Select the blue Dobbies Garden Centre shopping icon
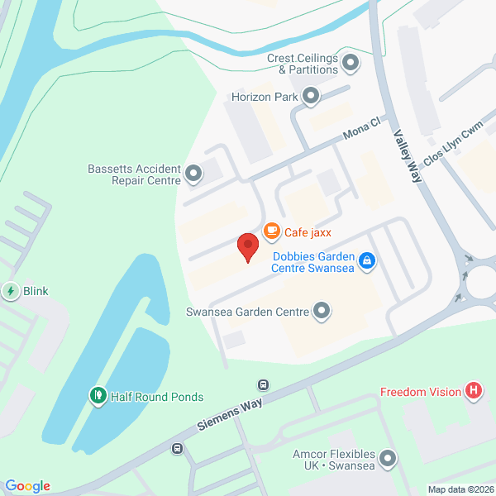368,262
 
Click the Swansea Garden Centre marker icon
322,312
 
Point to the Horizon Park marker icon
311,98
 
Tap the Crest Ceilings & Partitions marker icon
351,63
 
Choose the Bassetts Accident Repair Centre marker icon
193,174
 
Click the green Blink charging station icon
11,291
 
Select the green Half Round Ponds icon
98,397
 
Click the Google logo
27,486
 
